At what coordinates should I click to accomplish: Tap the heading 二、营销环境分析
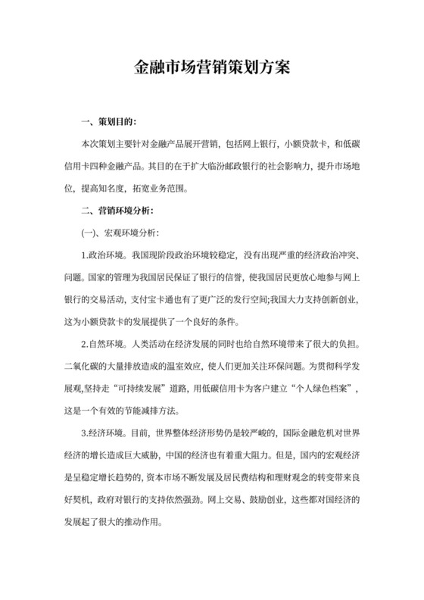(x=121, y=210)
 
